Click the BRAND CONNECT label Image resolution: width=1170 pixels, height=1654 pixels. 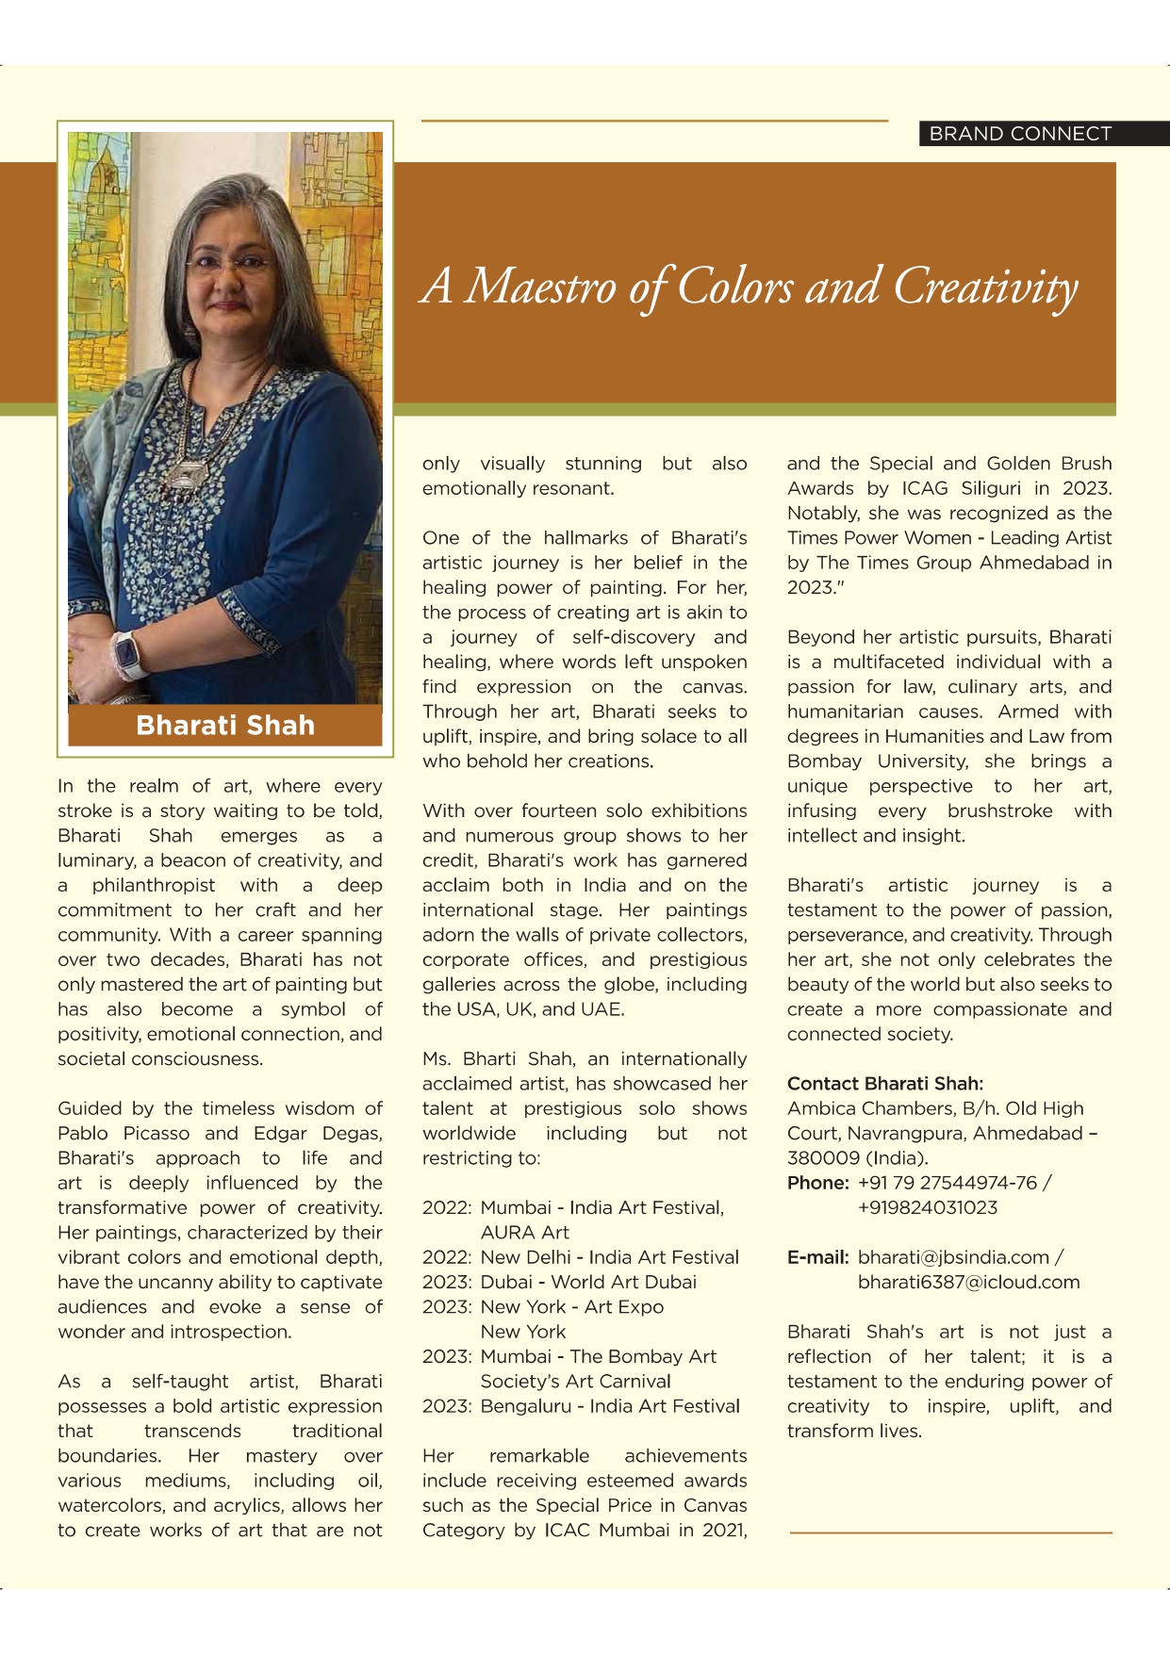coord(1020,134)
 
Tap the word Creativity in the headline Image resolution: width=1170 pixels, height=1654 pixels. coord(984,287)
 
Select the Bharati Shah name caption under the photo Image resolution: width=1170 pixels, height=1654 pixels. coord(225,726)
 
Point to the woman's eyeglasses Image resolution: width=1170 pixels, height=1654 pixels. coord(229,263)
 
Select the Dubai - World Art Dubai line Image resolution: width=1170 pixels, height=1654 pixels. coord(588,1283)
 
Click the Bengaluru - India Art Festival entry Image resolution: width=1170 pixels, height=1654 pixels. coord(609,1406)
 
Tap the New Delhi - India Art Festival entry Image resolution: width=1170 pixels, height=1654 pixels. coord(609,1257)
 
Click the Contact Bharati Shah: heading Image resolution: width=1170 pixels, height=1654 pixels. coord(884,1084)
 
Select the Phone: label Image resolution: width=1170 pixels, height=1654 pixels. coord(817,1183)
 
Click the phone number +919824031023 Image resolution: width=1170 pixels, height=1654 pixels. coord(927,1208)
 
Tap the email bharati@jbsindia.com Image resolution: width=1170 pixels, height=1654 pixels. coord(953,1257)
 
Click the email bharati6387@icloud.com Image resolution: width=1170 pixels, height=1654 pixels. coord(968,1283)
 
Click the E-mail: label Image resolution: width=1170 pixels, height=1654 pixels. coord(817,1257)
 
